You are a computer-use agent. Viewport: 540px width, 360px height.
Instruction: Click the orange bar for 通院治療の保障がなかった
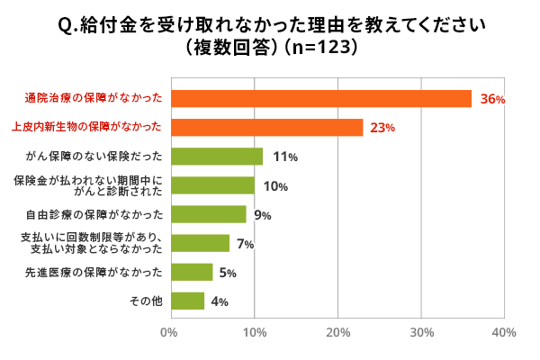(x=320, y=99)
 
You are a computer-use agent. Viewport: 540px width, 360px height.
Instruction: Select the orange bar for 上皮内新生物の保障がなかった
(x=266, y=128)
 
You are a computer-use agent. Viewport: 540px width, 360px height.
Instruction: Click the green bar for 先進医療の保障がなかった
(x=191, y=272)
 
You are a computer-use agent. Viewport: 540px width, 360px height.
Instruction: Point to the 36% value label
(x=492, y=100)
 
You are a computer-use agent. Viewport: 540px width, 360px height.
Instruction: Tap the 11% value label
(x=284, y=157)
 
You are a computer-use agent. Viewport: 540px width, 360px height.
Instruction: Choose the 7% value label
(x=245, y=244)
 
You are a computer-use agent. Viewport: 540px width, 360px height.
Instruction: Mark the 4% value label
(x=219, y=301)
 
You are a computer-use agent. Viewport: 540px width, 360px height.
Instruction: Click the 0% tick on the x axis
(x=169, y=333)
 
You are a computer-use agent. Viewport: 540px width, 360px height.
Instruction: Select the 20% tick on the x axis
(x=337, y=333)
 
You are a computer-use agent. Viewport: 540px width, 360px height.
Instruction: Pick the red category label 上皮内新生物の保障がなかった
(x=86, y=128)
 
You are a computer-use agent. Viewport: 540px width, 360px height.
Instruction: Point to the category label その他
(x=147, y=301)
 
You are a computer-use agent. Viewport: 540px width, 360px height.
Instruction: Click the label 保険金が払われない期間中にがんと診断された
(x=89, y=185)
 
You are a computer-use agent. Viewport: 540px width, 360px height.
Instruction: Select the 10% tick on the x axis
(x=254, y=333)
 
